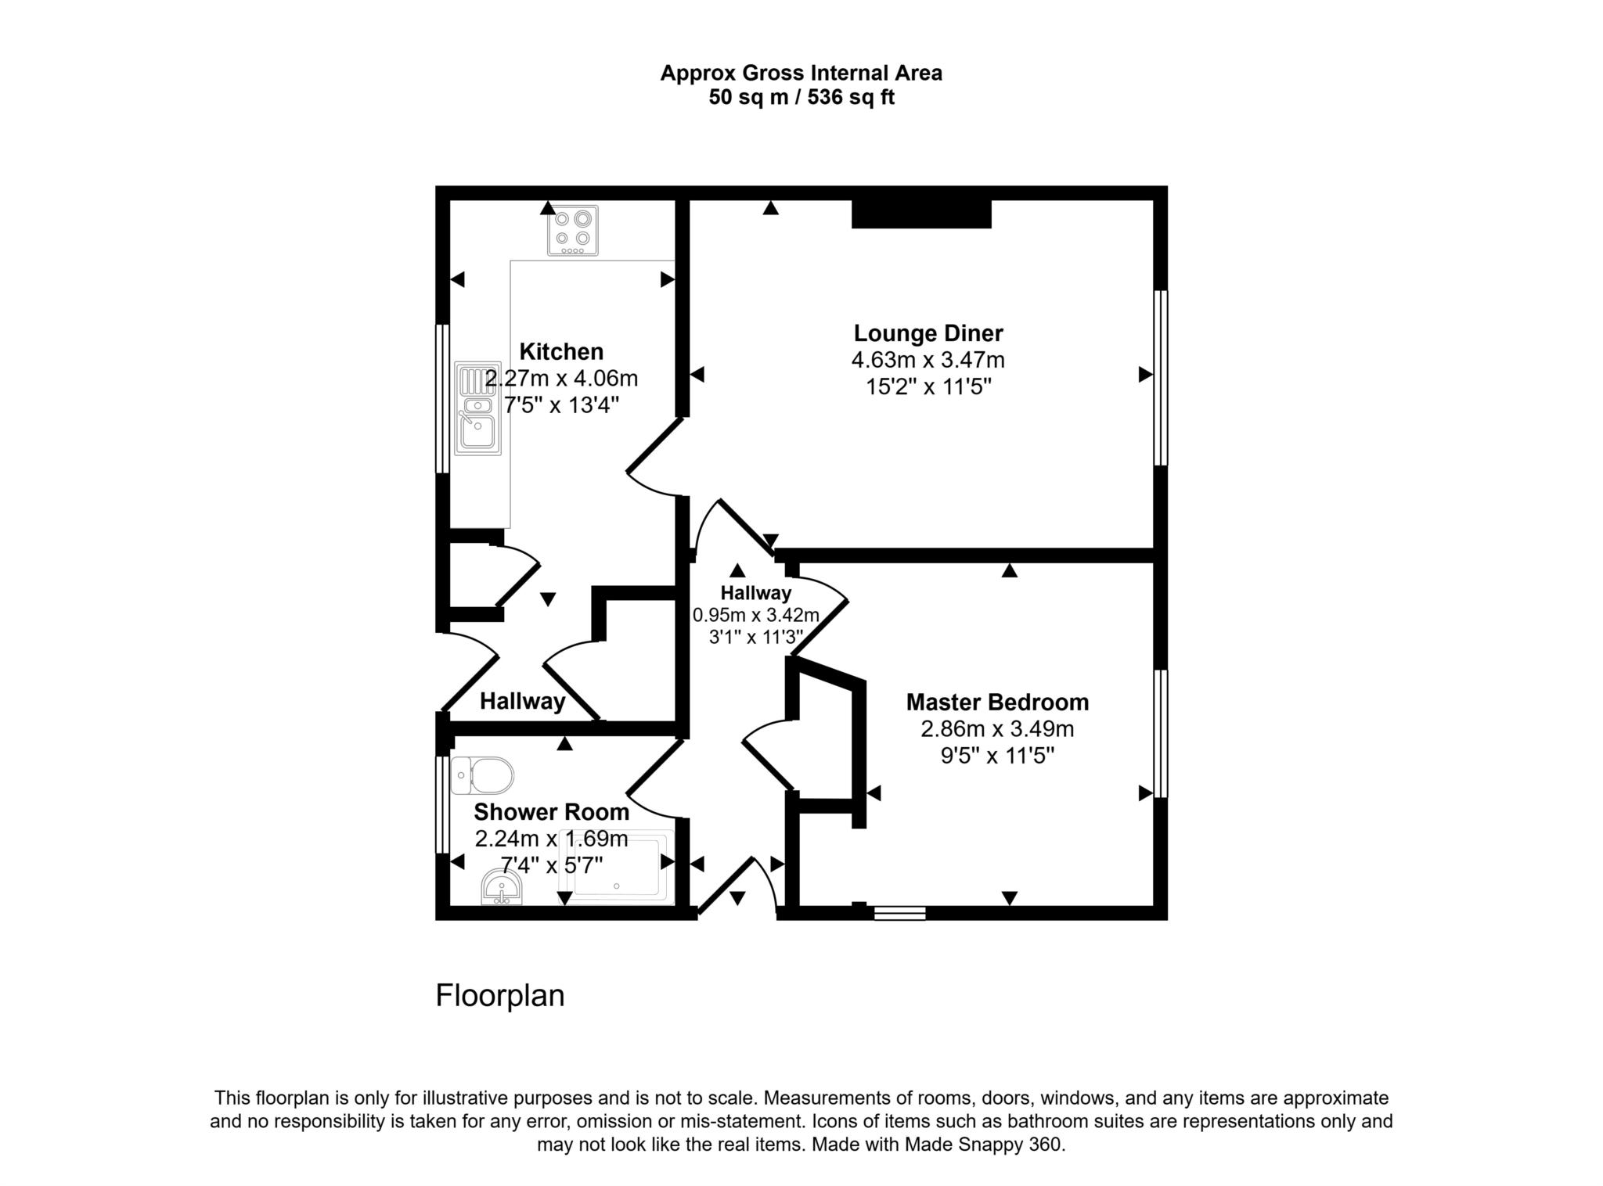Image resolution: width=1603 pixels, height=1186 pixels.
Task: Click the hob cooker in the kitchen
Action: click(572, 230)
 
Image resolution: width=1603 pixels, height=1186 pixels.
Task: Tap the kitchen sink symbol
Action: click(477, 408)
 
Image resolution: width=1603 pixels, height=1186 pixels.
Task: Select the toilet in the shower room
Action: click(483, 775)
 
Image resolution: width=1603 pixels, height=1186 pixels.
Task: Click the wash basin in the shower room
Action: click(502, 889)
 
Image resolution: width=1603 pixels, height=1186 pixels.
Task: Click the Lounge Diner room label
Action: click(928, 333)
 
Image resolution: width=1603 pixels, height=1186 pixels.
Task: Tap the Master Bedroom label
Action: click(997, 702)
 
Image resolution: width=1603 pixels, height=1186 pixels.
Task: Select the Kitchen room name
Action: click(561, 351)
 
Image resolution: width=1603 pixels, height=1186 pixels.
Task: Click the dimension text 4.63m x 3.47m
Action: click(928, 360)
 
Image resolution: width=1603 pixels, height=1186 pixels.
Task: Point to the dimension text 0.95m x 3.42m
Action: click(755, 615)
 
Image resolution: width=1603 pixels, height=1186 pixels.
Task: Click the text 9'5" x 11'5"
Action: click(997, 756)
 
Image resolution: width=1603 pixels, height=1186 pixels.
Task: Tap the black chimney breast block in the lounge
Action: click(921, 214)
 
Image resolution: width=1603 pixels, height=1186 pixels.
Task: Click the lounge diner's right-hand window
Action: click(1161, 379)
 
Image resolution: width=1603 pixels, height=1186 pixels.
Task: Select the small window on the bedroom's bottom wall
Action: click(899, 912)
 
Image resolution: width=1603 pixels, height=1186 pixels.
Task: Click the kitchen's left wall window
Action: click(442, 399)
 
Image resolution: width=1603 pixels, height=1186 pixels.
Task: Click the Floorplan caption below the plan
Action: click(499, 996)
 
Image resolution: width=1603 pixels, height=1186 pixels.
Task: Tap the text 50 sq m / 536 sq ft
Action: click(801, 98)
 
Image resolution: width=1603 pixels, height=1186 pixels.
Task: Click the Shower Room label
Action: click(551, 812)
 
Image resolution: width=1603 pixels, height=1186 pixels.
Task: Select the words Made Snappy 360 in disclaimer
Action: click(984, 1145)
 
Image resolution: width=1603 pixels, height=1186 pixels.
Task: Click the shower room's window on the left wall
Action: click(442, 804)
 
